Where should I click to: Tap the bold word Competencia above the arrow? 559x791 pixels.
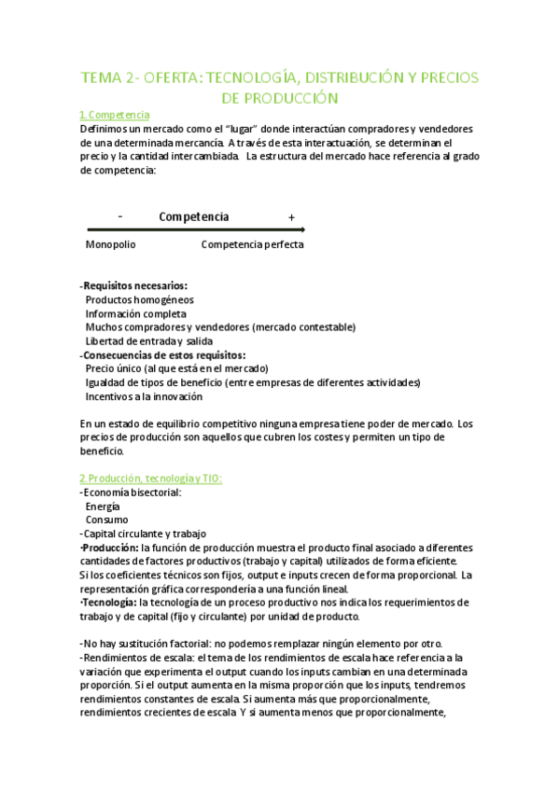point(194,216)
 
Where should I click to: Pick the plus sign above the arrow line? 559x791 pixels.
point(292,217)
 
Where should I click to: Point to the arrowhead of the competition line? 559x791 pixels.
point(301,229)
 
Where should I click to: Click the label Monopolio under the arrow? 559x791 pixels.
point(111,244)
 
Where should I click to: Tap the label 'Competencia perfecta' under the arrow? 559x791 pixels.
point(252,244)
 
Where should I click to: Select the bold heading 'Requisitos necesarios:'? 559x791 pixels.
point(134,285)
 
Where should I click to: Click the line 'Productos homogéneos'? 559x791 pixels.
point(140,299)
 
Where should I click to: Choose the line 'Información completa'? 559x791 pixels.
point(136,314)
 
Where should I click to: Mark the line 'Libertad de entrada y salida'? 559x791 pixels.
point(149,341)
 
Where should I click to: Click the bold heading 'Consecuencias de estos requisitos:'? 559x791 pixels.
point(164,355)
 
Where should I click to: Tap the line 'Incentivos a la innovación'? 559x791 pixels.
point(144,396)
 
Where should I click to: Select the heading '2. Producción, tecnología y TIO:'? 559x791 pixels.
point(150,479)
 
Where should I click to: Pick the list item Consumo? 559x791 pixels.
point(107,520)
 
